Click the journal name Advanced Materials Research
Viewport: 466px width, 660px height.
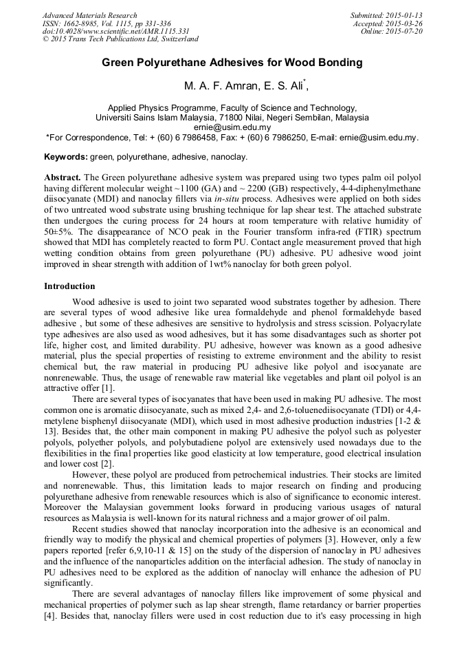pyautogui.click(x=89, y=15)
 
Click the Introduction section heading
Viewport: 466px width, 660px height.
pyautogui.click(x=69, y=286)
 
